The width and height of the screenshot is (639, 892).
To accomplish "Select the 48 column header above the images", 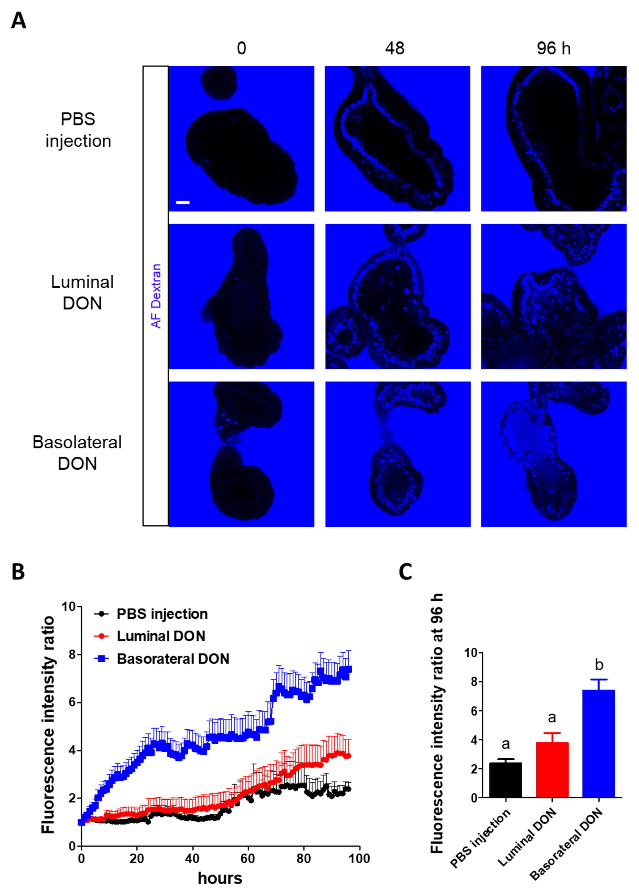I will [x=394, y=48].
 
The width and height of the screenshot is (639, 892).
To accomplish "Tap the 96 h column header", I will [x=553, y=48].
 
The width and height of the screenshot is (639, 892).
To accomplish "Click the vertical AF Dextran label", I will [x=156, y=296].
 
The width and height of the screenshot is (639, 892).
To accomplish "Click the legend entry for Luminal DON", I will [x=161, y=636].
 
